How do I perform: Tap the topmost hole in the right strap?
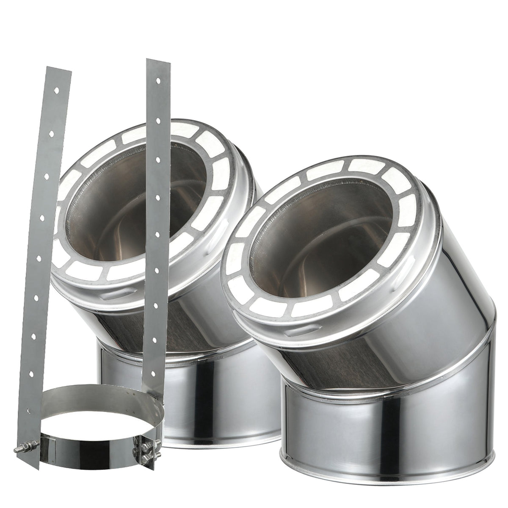(x=158, y=79)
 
